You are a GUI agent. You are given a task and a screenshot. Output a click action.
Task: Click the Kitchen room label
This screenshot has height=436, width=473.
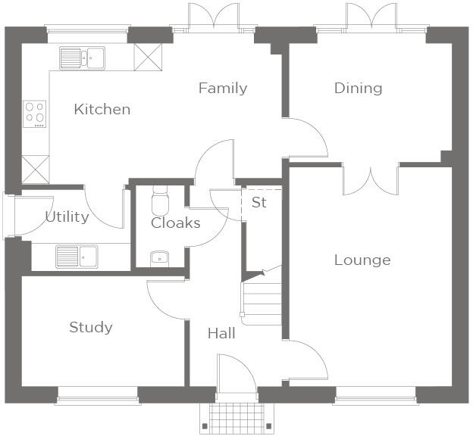(x=102, y=110)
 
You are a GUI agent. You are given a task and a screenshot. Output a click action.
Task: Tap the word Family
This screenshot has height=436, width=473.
(x=223, y=89)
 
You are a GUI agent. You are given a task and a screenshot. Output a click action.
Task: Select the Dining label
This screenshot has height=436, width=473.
(x=358, y=89)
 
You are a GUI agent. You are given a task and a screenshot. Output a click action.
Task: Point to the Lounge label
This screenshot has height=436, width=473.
(x=362, y=260)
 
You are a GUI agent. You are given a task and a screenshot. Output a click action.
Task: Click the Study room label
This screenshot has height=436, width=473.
(x=91, y=328)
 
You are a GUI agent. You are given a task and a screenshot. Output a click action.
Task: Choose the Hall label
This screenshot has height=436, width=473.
(x=221, y=334)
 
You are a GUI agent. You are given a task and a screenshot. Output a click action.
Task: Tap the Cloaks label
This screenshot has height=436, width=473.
(x=175, y=223)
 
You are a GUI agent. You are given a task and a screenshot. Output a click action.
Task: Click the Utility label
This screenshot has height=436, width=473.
(x=67, y=217)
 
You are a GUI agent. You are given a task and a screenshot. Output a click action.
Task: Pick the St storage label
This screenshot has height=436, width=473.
(x=259, y=203)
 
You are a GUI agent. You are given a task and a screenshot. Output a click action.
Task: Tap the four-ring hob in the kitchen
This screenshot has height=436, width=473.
(x=35, y=114)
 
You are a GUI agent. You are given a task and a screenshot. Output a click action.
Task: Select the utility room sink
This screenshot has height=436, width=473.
(x=77, y=257)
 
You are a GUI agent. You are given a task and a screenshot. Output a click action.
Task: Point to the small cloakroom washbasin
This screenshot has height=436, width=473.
(x=159, y=259)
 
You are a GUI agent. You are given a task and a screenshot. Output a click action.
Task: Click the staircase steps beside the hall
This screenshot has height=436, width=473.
(x=261, y=299)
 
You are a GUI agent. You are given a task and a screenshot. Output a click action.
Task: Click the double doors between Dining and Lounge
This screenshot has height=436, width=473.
(x=371, y=178)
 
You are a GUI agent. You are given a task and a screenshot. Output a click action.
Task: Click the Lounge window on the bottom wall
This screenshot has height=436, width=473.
(x=375, y=392)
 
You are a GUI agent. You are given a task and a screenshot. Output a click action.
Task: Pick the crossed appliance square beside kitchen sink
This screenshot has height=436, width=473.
(x=147, y=56)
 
